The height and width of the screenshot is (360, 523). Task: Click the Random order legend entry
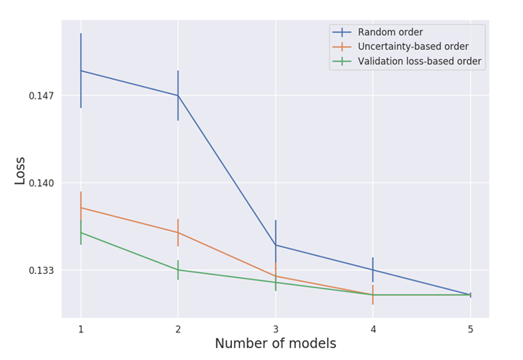pos(390,32)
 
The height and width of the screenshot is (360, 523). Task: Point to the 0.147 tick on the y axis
pos(41,96)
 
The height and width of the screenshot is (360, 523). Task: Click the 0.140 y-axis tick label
pos(41,183)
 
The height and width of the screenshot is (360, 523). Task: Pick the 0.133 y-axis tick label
pos(41,271)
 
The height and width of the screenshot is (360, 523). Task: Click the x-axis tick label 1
pos(80,329)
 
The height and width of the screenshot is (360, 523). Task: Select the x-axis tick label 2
pos(178,329)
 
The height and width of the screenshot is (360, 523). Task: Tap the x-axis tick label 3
pos(275,329)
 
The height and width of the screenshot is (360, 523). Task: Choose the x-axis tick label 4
pos(373,329)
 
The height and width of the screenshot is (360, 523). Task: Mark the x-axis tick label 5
pos(470,329)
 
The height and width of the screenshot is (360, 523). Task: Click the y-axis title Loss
pos(21,171)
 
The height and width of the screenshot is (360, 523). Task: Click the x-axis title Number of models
pos(275,344)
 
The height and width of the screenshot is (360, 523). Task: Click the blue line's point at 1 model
pos(80,71)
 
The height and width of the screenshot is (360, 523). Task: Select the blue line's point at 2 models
pos(178,96)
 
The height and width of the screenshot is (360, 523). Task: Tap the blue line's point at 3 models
pos(275,245)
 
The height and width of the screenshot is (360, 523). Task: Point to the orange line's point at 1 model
pos(80,208)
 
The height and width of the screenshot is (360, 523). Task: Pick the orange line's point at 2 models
pos(178,233)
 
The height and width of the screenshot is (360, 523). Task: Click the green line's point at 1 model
pos(80,232)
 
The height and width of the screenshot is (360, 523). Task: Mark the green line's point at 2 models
pos(178,270)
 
